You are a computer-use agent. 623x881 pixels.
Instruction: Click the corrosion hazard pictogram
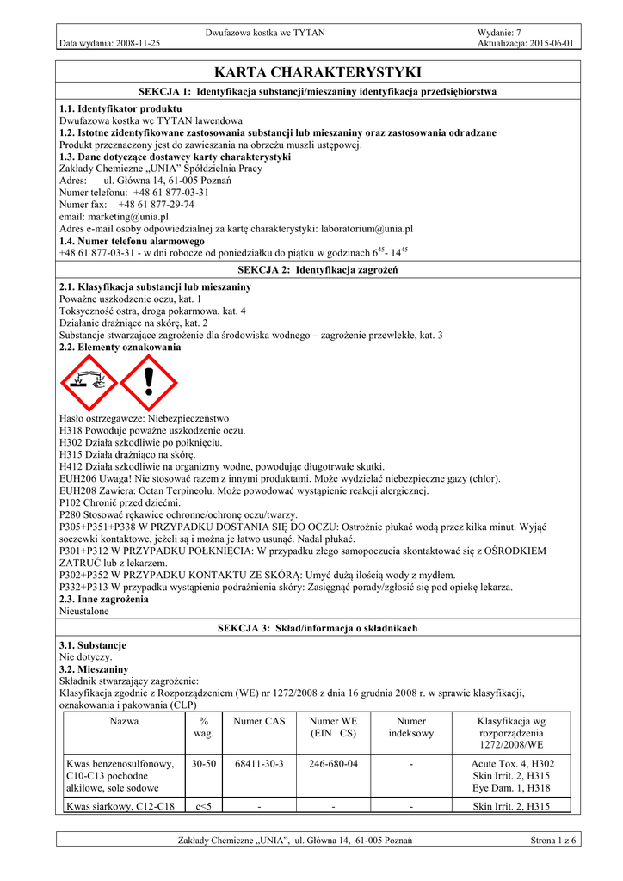88,381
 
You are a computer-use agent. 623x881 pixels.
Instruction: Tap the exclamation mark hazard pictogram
148,381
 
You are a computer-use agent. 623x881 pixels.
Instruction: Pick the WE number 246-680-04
335,763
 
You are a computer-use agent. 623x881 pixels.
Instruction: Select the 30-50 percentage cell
204,763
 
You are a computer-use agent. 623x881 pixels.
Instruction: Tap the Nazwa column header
125,721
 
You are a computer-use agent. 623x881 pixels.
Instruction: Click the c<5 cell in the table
204,806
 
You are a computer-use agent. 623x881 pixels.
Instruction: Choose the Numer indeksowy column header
411,727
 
